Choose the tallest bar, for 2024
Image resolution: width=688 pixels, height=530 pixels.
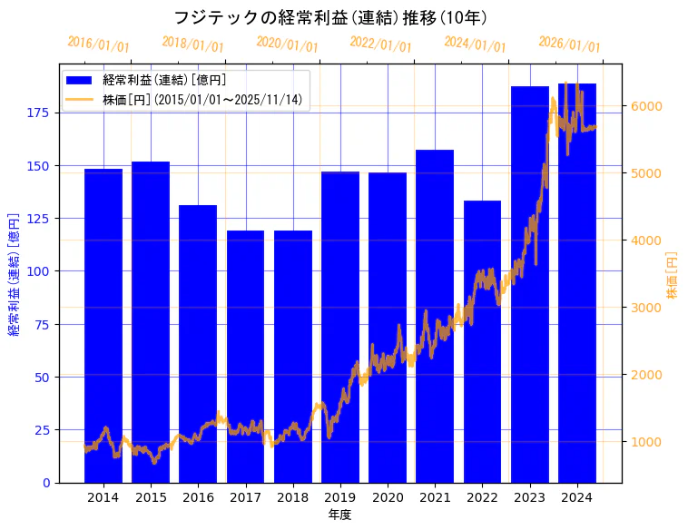pyautogui.click(x=577, y=282)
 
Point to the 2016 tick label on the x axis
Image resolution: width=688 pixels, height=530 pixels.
pyautogui.click(x=198, y=496)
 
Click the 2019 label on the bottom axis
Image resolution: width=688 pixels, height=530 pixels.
pyautogui.click(x=340, y=496)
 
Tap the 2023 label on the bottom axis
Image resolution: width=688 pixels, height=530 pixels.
pyautogui.click(x=530, y=496)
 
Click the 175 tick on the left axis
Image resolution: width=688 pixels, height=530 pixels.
pyautogui.click(x=40, y=113)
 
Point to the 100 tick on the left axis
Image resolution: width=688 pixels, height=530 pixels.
pyautogui.click(x=40, y=271)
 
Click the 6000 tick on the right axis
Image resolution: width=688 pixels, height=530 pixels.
pyautogui.click(x=646, y=106)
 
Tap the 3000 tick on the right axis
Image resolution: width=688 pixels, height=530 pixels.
pyautogui.click(x=646, y=308)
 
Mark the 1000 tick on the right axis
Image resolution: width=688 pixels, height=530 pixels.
pyautogui.click(x=646, y=442)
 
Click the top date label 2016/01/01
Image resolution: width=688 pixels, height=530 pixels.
pyautogui.click(x=98, y=44)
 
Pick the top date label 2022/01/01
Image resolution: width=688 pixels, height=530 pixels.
pyautogui.click(x=380, y=44)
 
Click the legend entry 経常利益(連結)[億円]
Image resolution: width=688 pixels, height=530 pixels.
pyautogui.click(x=164, y=81)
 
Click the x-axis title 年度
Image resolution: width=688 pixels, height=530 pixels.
pyautogui.click(x=339, y=515)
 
